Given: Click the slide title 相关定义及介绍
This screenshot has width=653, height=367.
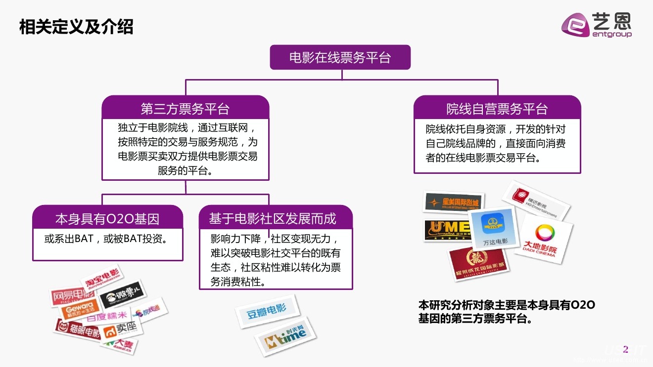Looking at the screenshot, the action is click(76, 27).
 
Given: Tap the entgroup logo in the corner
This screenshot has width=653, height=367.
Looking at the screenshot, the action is click(597, 25).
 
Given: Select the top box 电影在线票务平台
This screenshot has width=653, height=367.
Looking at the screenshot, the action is click(340, 57).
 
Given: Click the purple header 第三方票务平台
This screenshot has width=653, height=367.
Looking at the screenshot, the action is click(185, 109).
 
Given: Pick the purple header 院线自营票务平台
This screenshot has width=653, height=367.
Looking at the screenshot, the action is click(497, 109).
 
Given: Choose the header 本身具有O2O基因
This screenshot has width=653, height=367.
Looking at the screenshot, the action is click(107, 219).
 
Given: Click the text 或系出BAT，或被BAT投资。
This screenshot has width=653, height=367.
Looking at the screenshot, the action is click(105, 239).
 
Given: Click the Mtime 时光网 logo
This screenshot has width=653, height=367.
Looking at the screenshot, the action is click(285, 337).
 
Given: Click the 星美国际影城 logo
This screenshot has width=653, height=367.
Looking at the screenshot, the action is click(454, 203).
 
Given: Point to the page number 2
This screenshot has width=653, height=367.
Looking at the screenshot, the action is click(625, 350).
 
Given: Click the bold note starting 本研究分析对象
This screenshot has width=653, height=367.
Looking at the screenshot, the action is click(507, 312).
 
